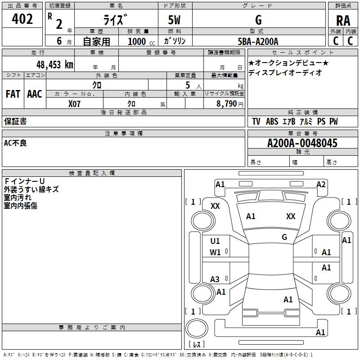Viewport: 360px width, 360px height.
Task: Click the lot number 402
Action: point(22,19)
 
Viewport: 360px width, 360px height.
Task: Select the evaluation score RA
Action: point(343,20)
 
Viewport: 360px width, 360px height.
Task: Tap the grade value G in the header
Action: point(258,20)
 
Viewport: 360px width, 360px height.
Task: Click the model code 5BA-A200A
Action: point(258,41)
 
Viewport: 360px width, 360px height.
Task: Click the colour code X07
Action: point(75,103)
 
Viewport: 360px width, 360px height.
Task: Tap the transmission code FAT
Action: point(13,94)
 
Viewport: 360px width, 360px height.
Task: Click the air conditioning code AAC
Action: point(35,94)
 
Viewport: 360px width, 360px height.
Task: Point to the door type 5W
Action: point(175,20)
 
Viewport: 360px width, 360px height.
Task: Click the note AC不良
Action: point(15,143)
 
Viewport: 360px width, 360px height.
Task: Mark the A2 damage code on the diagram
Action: point(321,184)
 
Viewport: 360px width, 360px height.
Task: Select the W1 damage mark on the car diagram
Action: point(216,252)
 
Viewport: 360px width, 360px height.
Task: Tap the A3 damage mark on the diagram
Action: point(215,279)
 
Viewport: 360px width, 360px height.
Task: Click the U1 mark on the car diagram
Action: point(216,241)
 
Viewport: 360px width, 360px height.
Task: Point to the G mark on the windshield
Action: point(284,237)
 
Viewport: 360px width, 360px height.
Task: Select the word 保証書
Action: point(15,121)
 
